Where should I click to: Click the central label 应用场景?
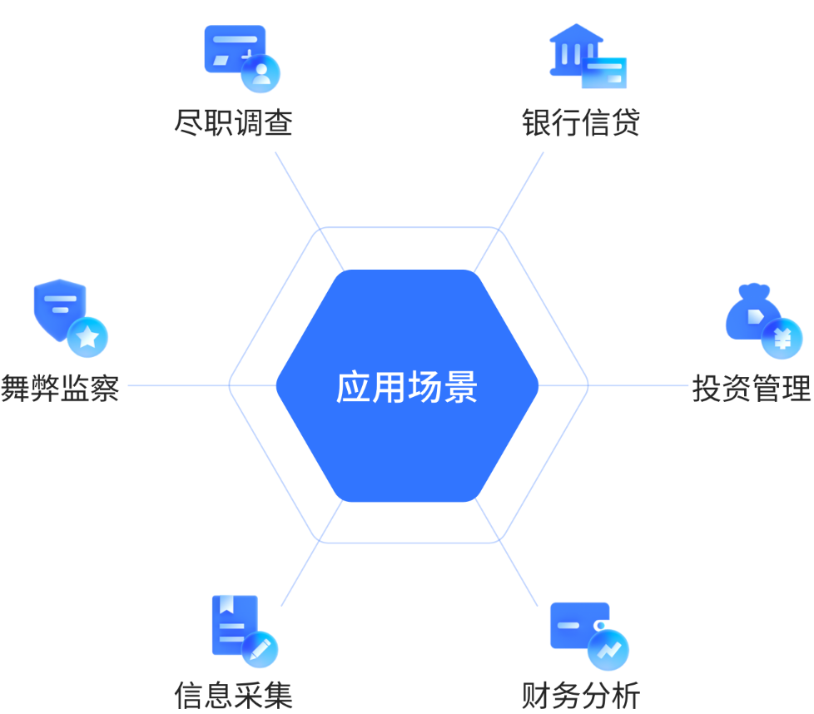tap(407, 387)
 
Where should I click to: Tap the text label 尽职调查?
tap(234, 123)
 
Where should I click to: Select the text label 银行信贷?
tap(581, 123)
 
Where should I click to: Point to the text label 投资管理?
tap(752, 389)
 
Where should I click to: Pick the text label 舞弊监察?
tap(60, 389)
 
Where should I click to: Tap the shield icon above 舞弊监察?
tap(60, 308)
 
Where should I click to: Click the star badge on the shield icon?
tap(88, 337)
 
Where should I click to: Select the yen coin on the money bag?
tap(782, 339)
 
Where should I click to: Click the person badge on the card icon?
tap(261, 73)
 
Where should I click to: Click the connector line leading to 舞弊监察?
tap(179, 386)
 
